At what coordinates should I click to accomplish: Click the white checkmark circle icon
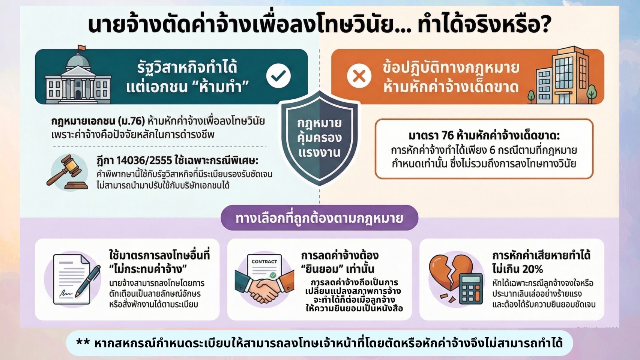pyautogui.click(x=278, y=76)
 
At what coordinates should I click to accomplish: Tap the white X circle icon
pyautogui.click(x=359, y=76)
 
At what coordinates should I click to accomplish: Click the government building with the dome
pyautogui.click(x=78, y=76)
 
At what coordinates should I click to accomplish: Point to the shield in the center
pyautogui.click(x=319, y=138)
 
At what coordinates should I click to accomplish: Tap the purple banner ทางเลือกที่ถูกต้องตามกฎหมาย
pyautogui.click(x=319, y=218)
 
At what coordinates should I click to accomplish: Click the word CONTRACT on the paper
pyautogui.click(x=264, y=261)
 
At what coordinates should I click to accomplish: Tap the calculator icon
pyautogui.click(x=470, y=289)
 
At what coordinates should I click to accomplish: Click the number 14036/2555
pyautogui.click(x=144, y=161)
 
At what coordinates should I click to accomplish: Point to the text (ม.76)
pyautogui.click(x=132, y=121)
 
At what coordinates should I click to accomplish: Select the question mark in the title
pyautogui.click(x=545, y=25)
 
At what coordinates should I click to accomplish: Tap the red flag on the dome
pyautogui.click(x=81, y=47)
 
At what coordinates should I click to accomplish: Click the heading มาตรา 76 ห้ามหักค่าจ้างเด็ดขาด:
pyautogui.click(x=484, y=136)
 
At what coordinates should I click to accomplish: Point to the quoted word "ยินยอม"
pyautogui.click(x=321, y=269)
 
